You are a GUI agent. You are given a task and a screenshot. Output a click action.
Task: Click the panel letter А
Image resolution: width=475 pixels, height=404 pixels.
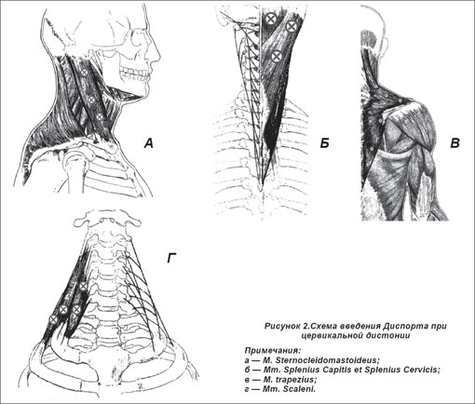(149, 143)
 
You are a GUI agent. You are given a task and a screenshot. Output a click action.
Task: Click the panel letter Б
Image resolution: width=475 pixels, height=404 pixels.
(324, 143)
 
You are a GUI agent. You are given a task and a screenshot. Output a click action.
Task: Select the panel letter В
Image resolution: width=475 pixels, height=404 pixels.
(455, 143)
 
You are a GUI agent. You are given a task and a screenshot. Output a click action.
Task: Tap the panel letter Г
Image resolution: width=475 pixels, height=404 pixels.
(171, 258)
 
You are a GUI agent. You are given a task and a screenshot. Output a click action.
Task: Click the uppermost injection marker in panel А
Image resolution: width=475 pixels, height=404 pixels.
(84, 73)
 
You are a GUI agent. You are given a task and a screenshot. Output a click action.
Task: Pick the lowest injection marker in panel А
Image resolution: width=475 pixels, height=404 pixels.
(100, 117)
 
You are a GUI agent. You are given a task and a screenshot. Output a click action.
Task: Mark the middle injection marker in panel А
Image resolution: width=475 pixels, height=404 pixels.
(91, 100)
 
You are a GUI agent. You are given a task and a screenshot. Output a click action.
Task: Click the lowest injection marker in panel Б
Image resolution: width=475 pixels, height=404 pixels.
(276, 56)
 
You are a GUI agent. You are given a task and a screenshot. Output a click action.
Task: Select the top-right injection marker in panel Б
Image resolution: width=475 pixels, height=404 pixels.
(292, 26)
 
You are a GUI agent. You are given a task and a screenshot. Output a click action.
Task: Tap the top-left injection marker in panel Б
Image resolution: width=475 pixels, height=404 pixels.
(271, 19)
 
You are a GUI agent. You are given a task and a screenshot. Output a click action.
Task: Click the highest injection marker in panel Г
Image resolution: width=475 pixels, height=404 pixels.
(83, 287)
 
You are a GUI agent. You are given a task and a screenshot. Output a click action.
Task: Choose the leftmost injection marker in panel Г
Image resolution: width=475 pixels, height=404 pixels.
(53, 319)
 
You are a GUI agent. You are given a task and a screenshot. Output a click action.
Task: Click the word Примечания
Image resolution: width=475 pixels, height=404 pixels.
(273, 351)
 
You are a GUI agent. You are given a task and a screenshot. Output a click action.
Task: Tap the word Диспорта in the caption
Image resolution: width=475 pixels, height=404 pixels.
(401, 326)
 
